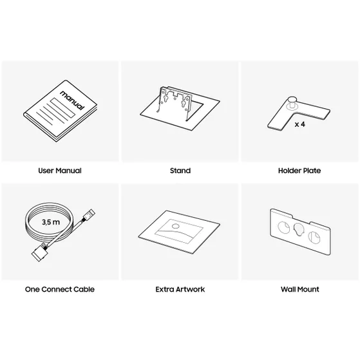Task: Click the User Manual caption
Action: tap(60, 171)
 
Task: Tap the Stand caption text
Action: tap(180, 171)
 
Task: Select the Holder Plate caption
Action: tap(299, 171)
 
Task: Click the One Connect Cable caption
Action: tap(60, 289)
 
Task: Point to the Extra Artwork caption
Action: tap(180, 289)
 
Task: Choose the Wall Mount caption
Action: tap(299, 289)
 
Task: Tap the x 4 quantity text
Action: tap(299, 124)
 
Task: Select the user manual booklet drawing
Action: tap(58, 113)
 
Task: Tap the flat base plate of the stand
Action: tap(193, 119)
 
